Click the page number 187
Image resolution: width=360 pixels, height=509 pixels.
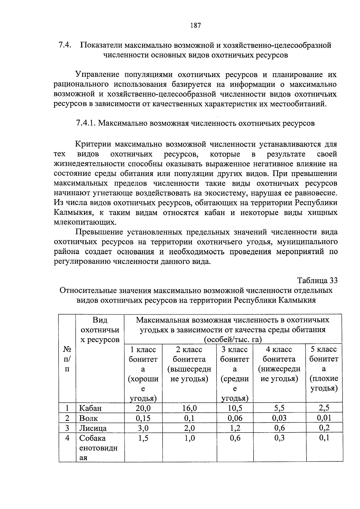[x=195, y=25]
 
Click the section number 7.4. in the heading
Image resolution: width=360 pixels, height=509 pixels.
[x=64, y=45]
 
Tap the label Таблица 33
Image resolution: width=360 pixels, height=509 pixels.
[x=317, y=280]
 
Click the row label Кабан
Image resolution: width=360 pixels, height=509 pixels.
[x=90, y=408]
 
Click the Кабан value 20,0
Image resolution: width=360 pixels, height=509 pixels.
[x=143, y=408]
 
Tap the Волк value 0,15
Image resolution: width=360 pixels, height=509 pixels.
[x=143, y=418]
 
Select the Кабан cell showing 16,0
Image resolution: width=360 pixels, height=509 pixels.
[x=189, y=408]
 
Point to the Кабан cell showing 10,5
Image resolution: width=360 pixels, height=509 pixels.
[x=235, y=408]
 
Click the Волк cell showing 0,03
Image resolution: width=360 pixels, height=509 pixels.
[x=279, y=418]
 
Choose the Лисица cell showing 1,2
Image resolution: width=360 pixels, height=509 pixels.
[x=235, y=428]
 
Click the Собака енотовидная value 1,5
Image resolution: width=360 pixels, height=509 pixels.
[x=143, y=438]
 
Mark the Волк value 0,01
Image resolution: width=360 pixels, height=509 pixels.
[x=324, y=418]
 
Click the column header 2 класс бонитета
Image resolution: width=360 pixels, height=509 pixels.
[x=189, y=364]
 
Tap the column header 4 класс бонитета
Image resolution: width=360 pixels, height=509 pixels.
[x=279, y=364]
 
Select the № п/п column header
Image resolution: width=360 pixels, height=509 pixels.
[x=67, y=359]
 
